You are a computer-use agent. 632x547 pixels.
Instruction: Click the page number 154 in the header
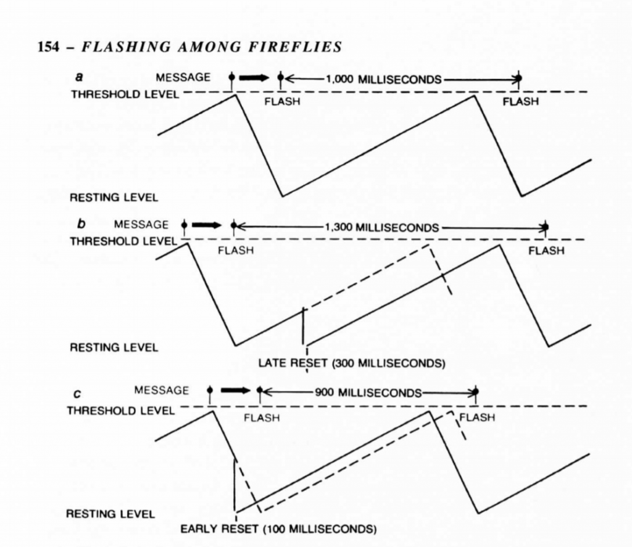coord(48,47)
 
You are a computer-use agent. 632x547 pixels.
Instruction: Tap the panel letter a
coord(80,77)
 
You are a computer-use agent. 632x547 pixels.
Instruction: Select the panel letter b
coord(81,223)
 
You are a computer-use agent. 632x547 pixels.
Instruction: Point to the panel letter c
coord(77,394)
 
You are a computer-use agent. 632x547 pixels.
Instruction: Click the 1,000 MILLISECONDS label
coord(383,79)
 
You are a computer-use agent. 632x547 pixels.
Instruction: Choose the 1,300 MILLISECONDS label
coord(381,228)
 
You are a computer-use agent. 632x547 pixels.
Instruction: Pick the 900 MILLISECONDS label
coord(368,392)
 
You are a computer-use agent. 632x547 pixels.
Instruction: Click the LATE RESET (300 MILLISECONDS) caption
coord(352,363)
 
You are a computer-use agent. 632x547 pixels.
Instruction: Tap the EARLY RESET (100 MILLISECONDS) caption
coord(278,528)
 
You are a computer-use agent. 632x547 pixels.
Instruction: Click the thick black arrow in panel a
coord(254,78)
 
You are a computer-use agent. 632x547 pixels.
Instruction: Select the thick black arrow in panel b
coord(207,225)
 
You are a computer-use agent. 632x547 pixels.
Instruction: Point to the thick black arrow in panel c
coord(236,390)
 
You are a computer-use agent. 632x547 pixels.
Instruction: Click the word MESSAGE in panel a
coord(183,77)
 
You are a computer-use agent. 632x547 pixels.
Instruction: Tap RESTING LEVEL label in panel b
coord(114,348)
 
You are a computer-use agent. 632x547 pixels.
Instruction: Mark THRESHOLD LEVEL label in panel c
coord(121,411)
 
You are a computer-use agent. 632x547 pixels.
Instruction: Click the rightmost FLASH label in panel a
coord(520,102)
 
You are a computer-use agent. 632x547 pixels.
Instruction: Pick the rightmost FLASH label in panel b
coord(546,251)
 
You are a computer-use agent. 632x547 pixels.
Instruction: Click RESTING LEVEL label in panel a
coord(114,198)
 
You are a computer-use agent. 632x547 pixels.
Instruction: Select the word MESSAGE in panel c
coord(161,390)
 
